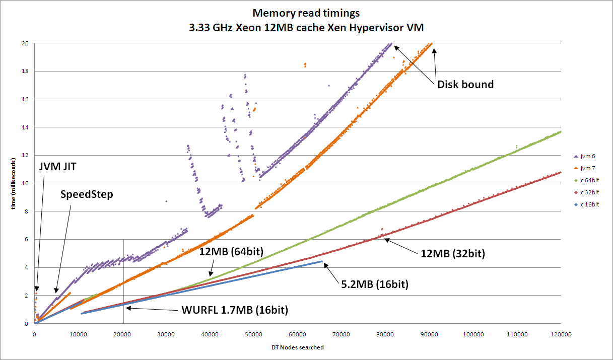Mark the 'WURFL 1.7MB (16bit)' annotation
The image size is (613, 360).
coord(234,310)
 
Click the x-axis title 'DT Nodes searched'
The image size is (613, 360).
coord(297,347)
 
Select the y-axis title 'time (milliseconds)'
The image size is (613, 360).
coord(15,184)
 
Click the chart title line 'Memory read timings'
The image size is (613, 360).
coord(306,13)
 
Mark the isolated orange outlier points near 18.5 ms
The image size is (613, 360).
coord(305,64)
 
